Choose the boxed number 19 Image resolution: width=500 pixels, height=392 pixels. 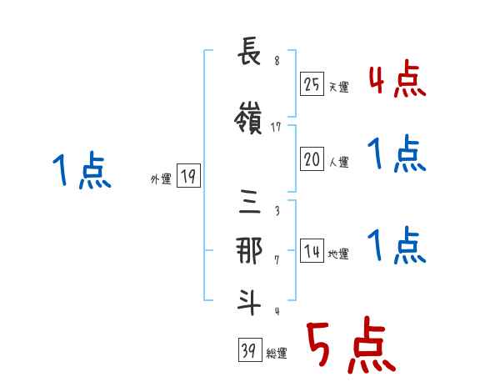coord(188,176)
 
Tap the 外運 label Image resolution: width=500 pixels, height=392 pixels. coord(161,178)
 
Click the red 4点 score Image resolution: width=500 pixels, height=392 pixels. coord(397,80)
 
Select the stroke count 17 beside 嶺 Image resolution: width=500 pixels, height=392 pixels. coord(277,128)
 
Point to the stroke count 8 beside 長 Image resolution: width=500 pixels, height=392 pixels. coord(277,59)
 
